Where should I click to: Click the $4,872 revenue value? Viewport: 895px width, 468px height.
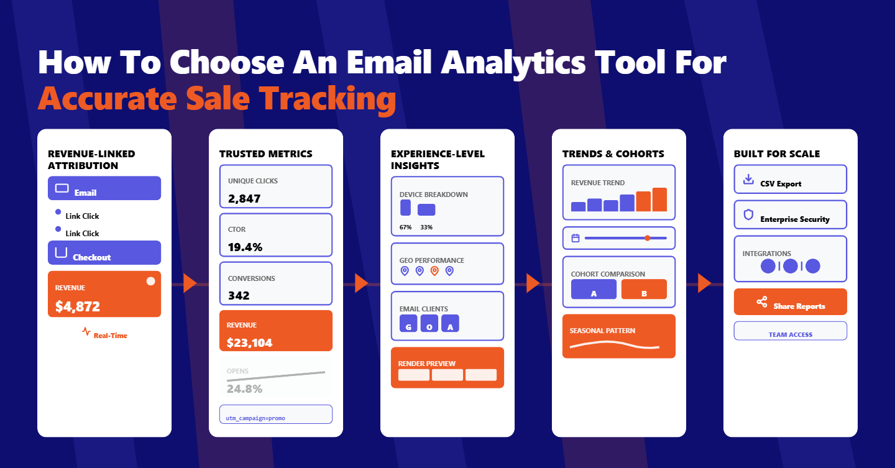click(x=78, y=306)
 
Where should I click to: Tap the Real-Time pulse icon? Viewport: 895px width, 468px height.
click(x=86, y=332)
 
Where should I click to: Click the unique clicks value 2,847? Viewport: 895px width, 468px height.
click(x=244, y=199)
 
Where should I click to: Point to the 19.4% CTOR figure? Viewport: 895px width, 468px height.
click(x=245, y=247)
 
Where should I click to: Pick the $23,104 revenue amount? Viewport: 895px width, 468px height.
click(x=249, y=342)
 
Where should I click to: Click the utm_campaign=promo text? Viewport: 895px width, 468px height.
click(x=255, y=418)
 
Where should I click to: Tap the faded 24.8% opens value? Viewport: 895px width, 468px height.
click(x=244, y=389)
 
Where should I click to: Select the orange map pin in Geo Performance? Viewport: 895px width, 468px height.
click(x=434, y=271)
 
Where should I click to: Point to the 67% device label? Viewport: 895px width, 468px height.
click(x=406, y=227)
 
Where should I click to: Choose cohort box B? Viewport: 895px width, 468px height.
click(x=644, y=290)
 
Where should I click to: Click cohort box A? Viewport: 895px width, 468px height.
click(x=594, y=290)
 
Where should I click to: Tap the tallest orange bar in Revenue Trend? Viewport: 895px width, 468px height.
click(x=659, y=200)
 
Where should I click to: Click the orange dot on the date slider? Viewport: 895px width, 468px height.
click(x=648, y=238)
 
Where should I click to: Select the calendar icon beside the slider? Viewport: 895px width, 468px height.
click(x=576, y=238)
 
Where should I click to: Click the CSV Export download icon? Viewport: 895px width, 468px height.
click(x=748, y=180)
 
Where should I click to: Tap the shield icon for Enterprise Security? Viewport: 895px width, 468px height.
click(x=748, y=215)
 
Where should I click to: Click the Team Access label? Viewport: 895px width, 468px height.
click(x=791, y=334)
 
